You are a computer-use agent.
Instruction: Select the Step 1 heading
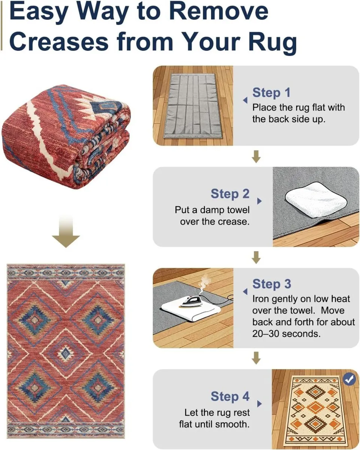tap(271, 93)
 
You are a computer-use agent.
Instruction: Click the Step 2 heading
tap(230, 194)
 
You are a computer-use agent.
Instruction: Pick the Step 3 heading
tap(271, 284)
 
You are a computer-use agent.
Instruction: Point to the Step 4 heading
tap(230, 396)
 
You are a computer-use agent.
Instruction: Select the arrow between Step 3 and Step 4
tap(256, 358)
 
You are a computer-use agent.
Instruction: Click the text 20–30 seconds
tap(286, 333)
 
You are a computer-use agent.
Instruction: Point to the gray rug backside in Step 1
tap(190, 105)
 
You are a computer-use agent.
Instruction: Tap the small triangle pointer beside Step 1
tap(245, 100)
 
